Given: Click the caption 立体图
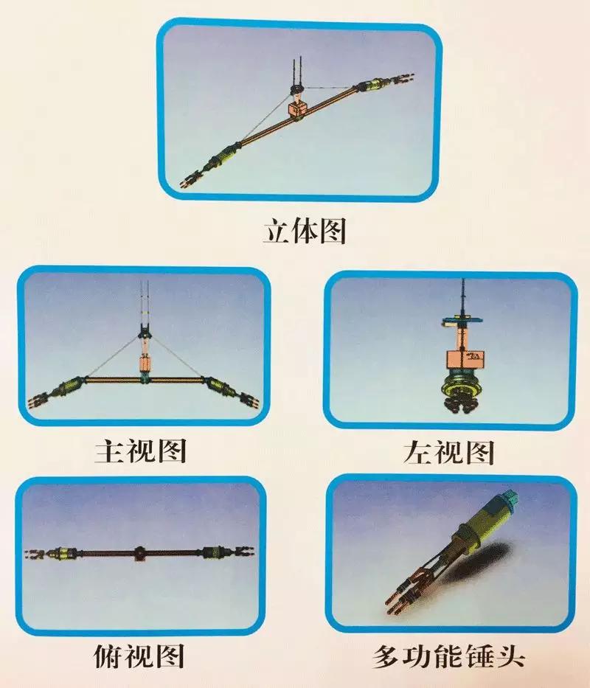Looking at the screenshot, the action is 305,231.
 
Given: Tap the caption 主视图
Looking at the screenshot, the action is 141,450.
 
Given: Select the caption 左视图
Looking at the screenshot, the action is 449,452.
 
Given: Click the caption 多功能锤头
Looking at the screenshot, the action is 448,657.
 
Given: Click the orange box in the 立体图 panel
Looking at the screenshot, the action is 298,108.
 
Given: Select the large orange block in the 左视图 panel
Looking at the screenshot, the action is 465,359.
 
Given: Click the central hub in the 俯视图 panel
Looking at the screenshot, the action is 139,553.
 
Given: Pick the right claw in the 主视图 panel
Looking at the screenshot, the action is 249,401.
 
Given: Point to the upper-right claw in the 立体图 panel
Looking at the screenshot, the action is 403,79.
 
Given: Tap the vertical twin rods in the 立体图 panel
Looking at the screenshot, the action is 297,72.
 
